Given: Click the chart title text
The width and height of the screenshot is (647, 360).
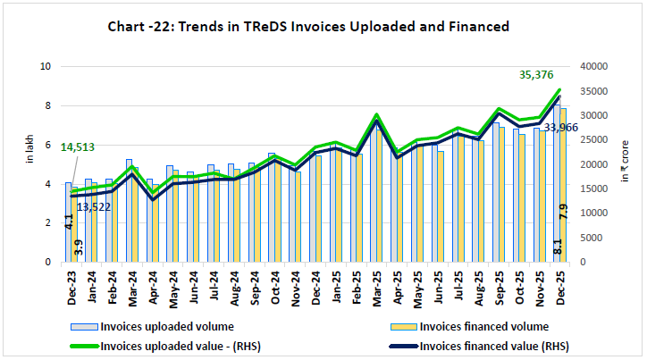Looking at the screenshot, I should click(x=323, y=27).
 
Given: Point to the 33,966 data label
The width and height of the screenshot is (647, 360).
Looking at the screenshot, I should click(x=560, y=128).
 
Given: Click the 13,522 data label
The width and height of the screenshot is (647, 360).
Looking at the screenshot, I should click(x=94, y=206).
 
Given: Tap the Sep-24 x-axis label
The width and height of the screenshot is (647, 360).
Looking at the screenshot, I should click(x=254, y=285).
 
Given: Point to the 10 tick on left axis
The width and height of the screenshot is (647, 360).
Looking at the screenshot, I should click(x=46, y=66).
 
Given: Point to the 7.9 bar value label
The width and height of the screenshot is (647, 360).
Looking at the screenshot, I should click(x=564, y=213).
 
